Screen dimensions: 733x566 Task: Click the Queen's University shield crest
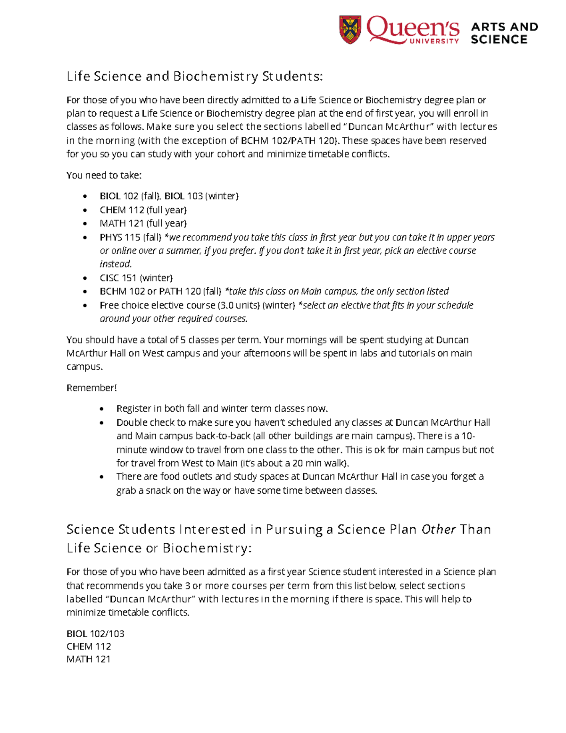350,29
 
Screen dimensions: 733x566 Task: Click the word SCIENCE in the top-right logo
499,40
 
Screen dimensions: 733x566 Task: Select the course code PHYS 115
120,237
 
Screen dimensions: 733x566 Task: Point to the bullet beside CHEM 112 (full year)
85,211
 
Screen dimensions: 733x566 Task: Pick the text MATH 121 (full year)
143,224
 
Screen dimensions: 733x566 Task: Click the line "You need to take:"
104,176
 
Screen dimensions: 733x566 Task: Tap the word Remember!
91,388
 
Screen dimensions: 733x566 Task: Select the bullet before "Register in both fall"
102,409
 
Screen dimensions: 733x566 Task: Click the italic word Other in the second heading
438,530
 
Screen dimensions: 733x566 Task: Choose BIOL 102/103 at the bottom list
95,634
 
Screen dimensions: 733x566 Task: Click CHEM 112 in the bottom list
89,647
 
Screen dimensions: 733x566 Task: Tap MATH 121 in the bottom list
88,659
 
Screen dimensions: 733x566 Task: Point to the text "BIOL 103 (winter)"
201,196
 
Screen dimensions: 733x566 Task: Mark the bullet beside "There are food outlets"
102,477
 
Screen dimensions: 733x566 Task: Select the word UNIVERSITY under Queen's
434,41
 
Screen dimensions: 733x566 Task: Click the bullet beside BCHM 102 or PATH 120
85,292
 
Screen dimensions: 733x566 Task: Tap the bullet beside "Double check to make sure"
102,423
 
